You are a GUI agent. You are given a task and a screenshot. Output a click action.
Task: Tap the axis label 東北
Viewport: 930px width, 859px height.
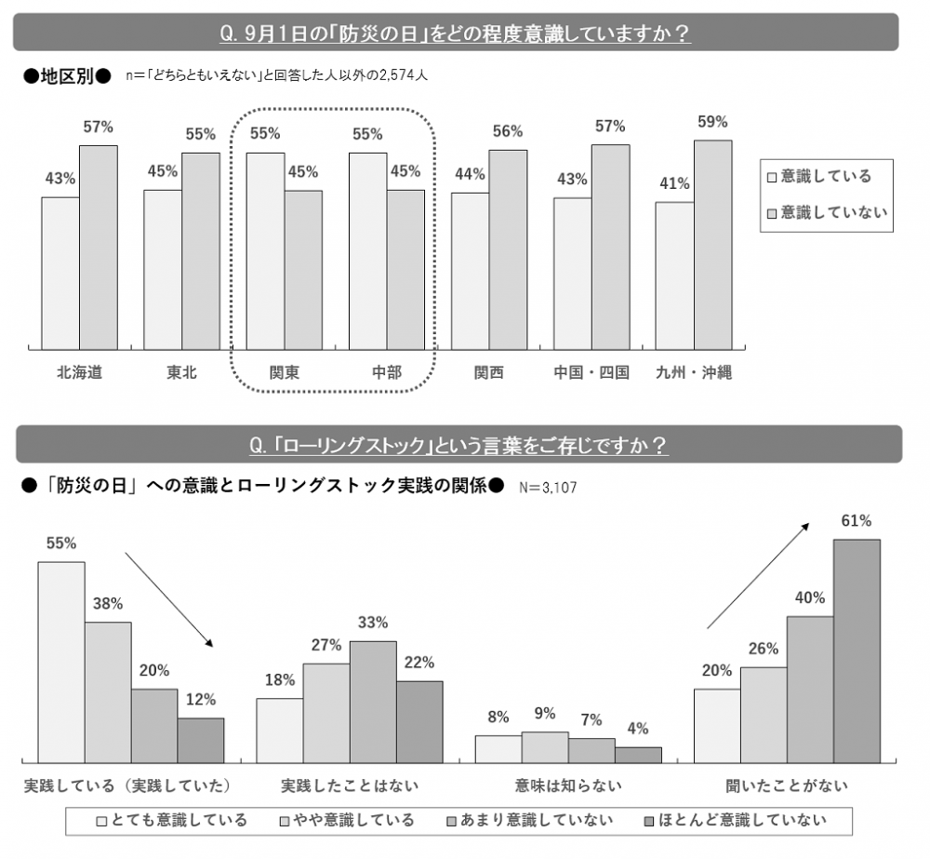(x=181, y=372)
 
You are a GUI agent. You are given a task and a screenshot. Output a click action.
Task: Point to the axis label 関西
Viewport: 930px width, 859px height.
(x=488, y=372)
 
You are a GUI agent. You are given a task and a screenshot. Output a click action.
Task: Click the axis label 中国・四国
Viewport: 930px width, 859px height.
(x=591, y=372)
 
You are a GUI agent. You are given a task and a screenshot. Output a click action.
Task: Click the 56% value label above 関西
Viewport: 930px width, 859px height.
(x=508, y=132)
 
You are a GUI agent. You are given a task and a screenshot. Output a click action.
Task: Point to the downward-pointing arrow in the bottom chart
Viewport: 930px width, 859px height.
(x=169, y=600)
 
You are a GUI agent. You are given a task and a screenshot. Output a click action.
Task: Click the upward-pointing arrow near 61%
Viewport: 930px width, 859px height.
(x=754, y=577)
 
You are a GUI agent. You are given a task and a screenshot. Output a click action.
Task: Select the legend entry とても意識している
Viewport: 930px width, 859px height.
(x=172, y=820)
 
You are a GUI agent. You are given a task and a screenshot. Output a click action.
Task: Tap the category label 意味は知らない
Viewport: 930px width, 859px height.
(x=568, y=785)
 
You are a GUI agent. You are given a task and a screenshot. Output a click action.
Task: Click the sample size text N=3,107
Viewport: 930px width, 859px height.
(x=548, y=487)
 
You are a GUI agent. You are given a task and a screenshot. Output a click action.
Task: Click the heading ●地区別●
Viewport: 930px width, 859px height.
(x=66, y=76)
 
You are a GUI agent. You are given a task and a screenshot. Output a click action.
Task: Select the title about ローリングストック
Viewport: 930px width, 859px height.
(x=458, y=446)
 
